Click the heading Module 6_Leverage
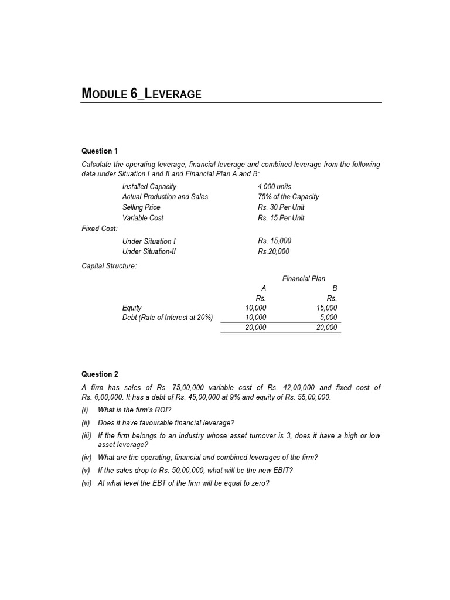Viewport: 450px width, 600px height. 141,93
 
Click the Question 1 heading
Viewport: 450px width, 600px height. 100,151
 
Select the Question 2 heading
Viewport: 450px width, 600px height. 100,374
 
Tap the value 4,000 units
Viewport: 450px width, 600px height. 274,186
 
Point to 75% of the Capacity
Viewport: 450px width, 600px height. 288,197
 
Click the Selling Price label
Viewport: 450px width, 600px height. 141,207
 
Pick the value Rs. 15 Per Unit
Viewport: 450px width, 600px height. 281,218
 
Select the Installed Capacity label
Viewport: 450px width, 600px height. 149,186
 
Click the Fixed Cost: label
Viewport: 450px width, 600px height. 100,229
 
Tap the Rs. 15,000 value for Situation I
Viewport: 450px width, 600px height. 274,241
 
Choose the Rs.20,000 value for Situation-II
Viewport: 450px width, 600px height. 274,251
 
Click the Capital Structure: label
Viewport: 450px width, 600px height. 109,266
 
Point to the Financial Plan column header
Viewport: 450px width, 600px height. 304,279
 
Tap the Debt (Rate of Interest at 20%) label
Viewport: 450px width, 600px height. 168,318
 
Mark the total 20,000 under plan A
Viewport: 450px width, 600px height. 255,328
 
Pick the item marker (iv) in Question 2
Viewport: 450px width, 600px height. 87,458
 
